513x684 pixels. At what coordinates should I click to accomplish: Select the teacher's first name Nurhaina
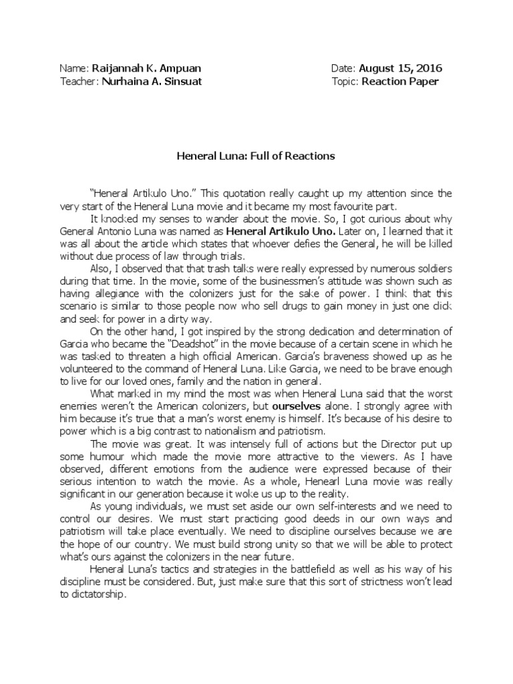(x=128, y=81)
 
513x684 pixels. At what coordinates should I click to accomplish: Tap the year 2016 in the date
(x=427, y=69)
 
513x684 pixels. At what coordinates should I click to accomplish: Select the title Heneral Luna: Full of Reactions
(x=255, y=156)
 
